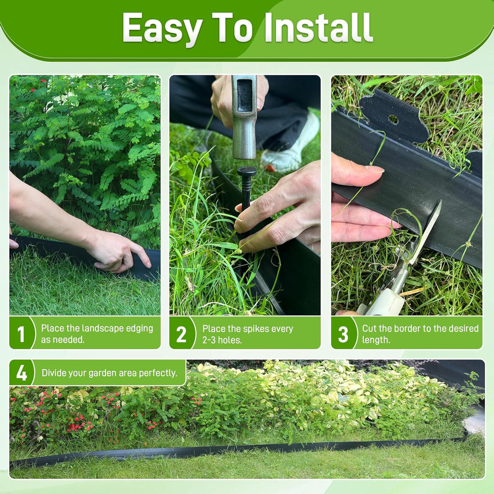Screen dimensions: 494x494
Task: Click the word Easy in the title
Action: coord(161,28)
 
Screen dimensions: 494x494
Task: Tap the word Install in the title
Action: coord(318,27)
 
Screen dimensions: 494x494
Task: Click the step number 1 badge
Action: coord(21,334)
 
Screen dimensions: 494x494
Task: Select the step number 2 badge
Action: coord(181,334)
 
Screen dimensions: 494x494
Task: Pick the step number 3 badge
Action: coord(343,334)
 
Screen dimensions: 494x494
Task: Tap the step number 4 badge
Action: coord(21,373)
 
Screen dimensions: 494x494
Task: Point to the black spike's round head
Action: coord(247,172)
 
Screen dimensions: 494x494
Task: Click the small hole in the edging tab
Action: coord(393,119)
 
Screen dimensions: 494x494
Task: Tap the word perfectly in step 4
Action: coord(158,373)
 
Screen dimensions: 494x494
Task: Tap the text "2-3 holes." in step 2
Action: coord(222,340)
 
